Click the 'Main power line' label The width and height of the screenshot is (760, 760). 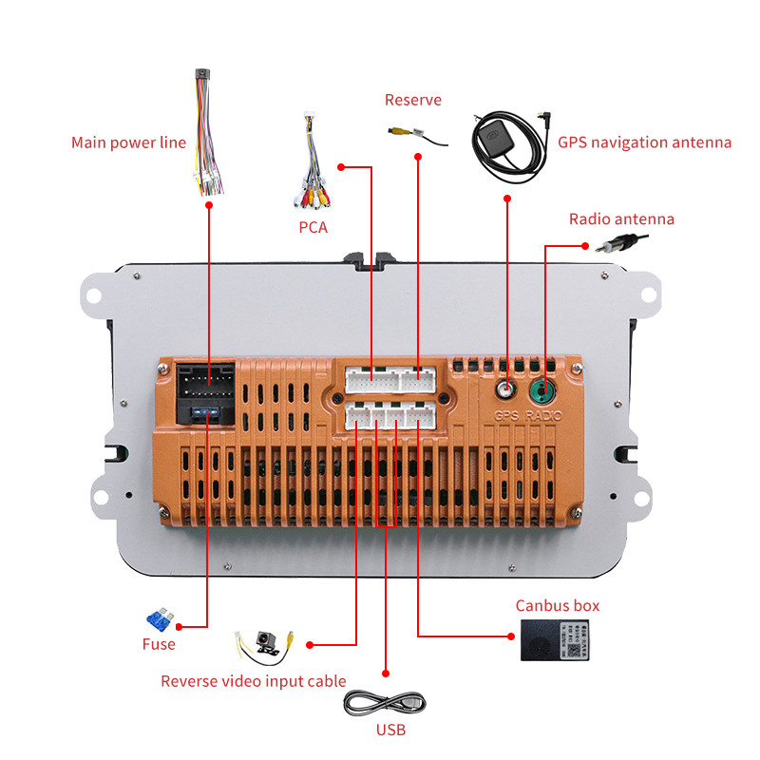(x=128, y=142)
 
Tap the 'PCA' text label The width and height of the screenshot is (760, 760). (x=313, y=227)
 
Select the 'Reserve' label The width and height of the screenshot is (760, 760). (x=412, y=100)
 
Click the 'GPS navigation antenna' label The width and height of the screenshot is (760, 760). (x=644, y=142)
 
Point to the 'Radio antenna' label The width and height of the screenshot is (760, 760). (x=621, y=219)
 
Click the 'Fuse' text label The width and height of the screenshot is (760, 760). (x=159, y=644)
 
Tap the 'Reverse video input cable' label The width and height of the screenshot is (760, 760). (x=253, y=681)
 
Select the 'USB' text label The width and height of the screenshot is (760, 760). (x=390, y=730)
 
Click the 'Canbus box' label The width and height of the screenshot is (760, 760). (x=558, y=605)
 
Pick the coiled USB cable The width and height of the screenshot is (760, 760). (x=384, y=704)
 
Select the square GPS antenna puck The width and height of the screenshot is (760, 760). (x=493, y=139)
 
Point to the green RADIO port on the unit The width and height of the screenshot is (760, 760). (x=543, y=389)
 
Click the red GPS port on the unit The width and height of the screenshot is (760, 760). (x=507, y=389)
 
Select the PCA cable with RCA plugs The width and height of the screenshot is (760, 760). (x=312, y=171)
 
